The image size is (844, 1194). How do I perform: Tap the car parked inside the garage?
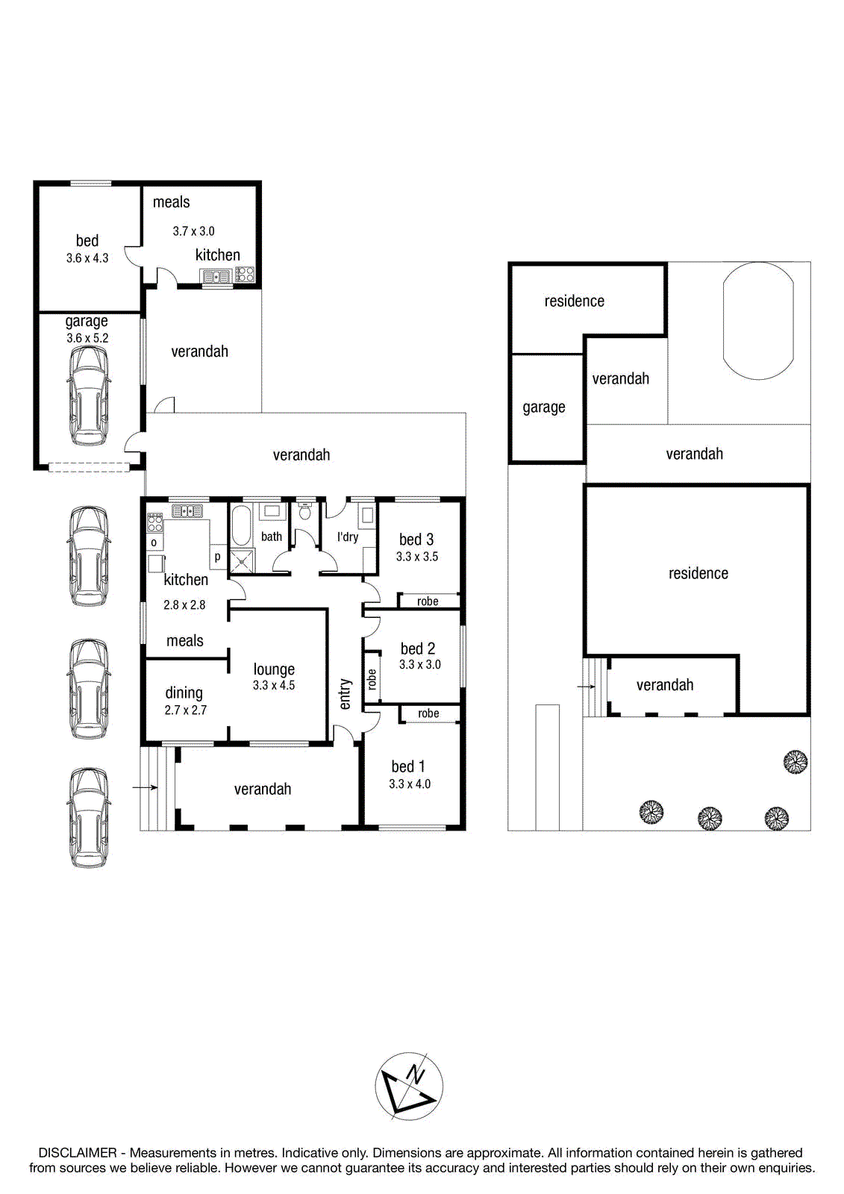[x=89, y=396]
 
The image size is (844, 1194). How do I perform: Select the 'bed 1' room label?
[x=408, y=766]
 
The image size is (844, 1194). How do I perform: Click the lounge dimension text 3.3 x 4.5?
[x=274, y=686]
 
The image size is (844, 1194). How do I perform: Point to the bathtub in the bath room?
[x=241, y=525]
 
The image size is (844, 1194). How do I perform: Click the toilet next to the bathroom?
[x=305, y=512]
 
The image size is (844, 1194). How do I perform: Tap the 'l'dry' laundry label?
[x=348, y=537]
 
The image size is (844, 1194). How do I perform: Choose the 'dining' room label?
[x=184, y=693]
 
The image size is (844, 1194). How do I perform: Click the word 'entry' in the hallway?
[x=345, y=694]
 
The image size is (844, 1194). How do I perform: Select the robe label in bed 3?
[x=428, y=601]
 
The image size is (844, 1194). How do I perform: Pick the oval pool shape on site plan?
[x=758, y=321]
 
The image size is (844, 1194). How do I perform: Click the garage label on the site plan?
[x=544, y=407]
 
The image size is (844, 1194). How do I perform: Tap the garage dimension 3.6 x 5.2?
[x=87, y=338]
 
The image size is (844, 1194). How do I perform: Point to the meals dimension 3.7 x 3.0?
[x=193, y=231]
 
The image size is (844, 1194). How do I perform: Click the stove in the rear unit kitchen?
[x=246, y=275]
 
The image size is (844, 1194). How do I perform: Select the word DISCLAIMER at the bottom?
[x=78, y=1153]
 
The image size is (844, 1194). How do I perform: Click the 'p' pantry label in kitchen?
[x=218, y=557]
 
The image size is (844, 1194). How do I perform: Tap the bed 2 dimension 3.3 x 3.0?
[x=419, y=665]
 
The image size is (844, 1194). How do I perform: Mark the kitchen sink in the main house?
[x=187, y=511]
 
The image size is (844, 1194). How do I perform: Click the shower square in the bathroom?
[x=242, y=560]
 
